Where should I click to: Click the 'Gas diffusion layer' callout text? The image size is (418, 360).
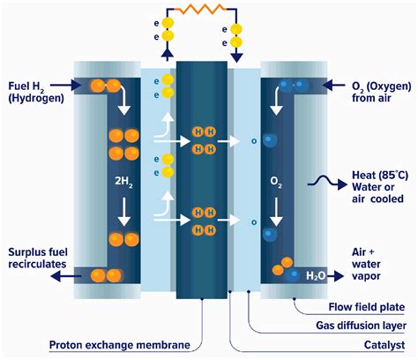[355, 325]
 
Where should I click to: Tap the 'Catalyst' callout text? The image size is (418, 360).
[377, 345]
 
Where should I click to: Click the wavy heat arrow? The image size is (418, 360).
[315, 183]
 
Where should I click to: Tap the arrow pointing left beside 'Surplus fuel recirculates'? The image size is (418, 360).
[61, 275]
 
